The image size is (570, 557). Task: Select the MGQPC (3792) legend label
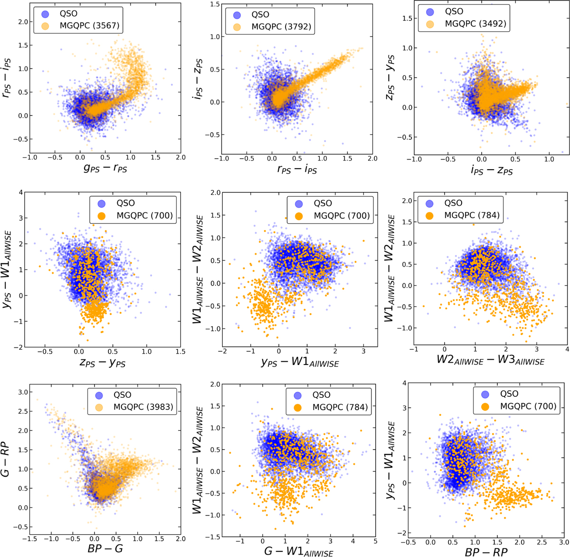284,27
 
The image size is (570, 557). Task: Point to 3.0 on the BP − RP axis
563,541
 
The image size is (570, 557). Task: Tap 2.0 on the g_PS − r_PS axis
180,157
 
